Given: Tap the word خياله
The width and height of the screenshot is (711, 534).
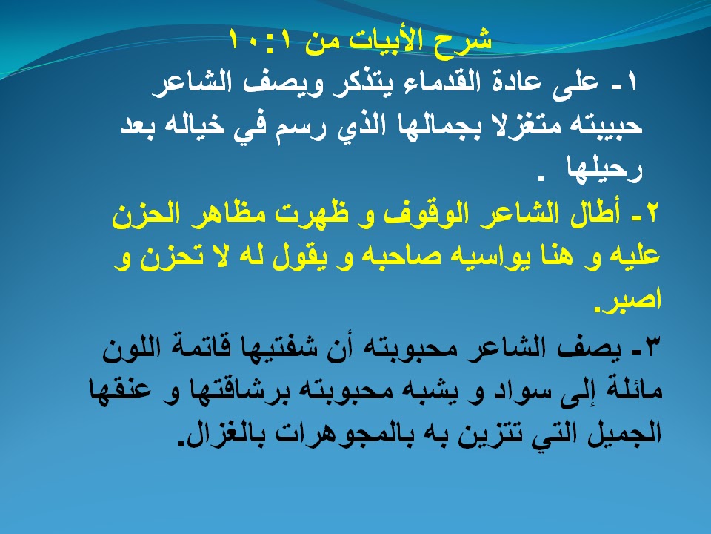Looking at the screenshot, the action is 199,125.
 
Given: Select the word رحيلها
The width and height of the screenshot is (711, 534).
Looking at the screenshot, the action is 604,168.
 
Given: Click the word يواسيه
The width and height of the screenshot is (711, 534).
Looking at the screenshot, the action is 478,256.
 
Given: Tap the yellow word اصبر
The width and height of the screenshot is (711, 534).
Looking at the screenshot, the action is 627,299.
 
